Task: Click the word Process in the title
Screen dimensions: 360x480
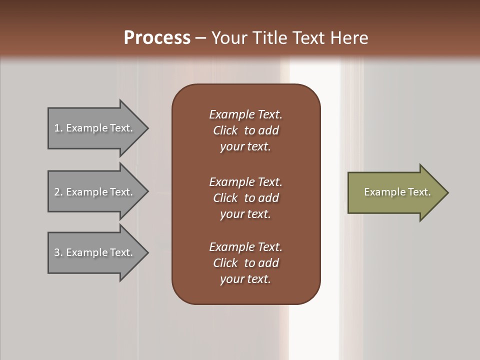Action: coord(157,38)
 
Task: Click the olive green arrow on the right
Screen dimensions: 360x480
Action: coord(395,192)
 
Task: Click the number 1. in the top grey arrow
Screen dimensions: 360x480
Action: coord(58,128)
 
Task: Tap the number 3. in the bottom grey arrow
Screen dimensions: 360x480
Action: coord(58,253)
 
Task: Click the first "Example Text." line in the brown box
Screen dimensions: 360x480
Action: coord(245,114)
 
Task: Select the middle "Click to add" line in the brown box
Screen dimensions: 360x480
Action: coord(245,198)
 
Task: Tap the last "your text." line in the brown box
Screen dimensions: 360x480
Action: coord(245,279)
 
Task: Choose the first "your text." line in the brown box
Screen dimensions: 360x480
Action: coord(245,146)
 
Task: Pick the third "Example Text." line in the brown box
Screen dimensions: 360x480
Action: coord(245,247)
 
